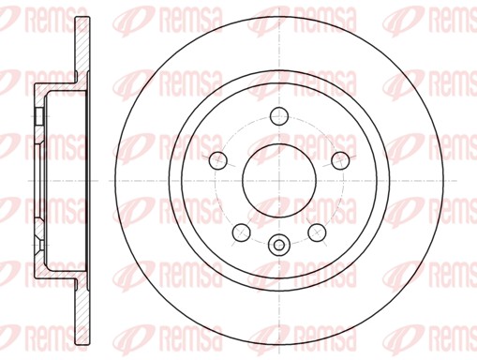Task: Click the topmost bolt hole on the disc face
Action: tap(279, 116)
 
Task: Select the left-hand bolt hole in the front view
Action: tap(218, 160)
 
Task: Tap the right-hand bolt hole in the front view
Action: tap(340, 160)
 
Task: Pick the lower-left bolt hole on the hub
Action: tap(242, 232)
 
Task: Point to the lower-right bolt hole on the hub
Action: tap(317, 232)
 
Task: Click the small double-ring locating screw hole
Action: tap(279, 245)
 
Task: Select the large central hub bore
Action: tap(279, 181)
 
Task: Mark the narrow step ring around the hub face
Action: tap(175, 181)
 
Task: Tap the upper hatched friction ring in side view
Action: tap(82, 47)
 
